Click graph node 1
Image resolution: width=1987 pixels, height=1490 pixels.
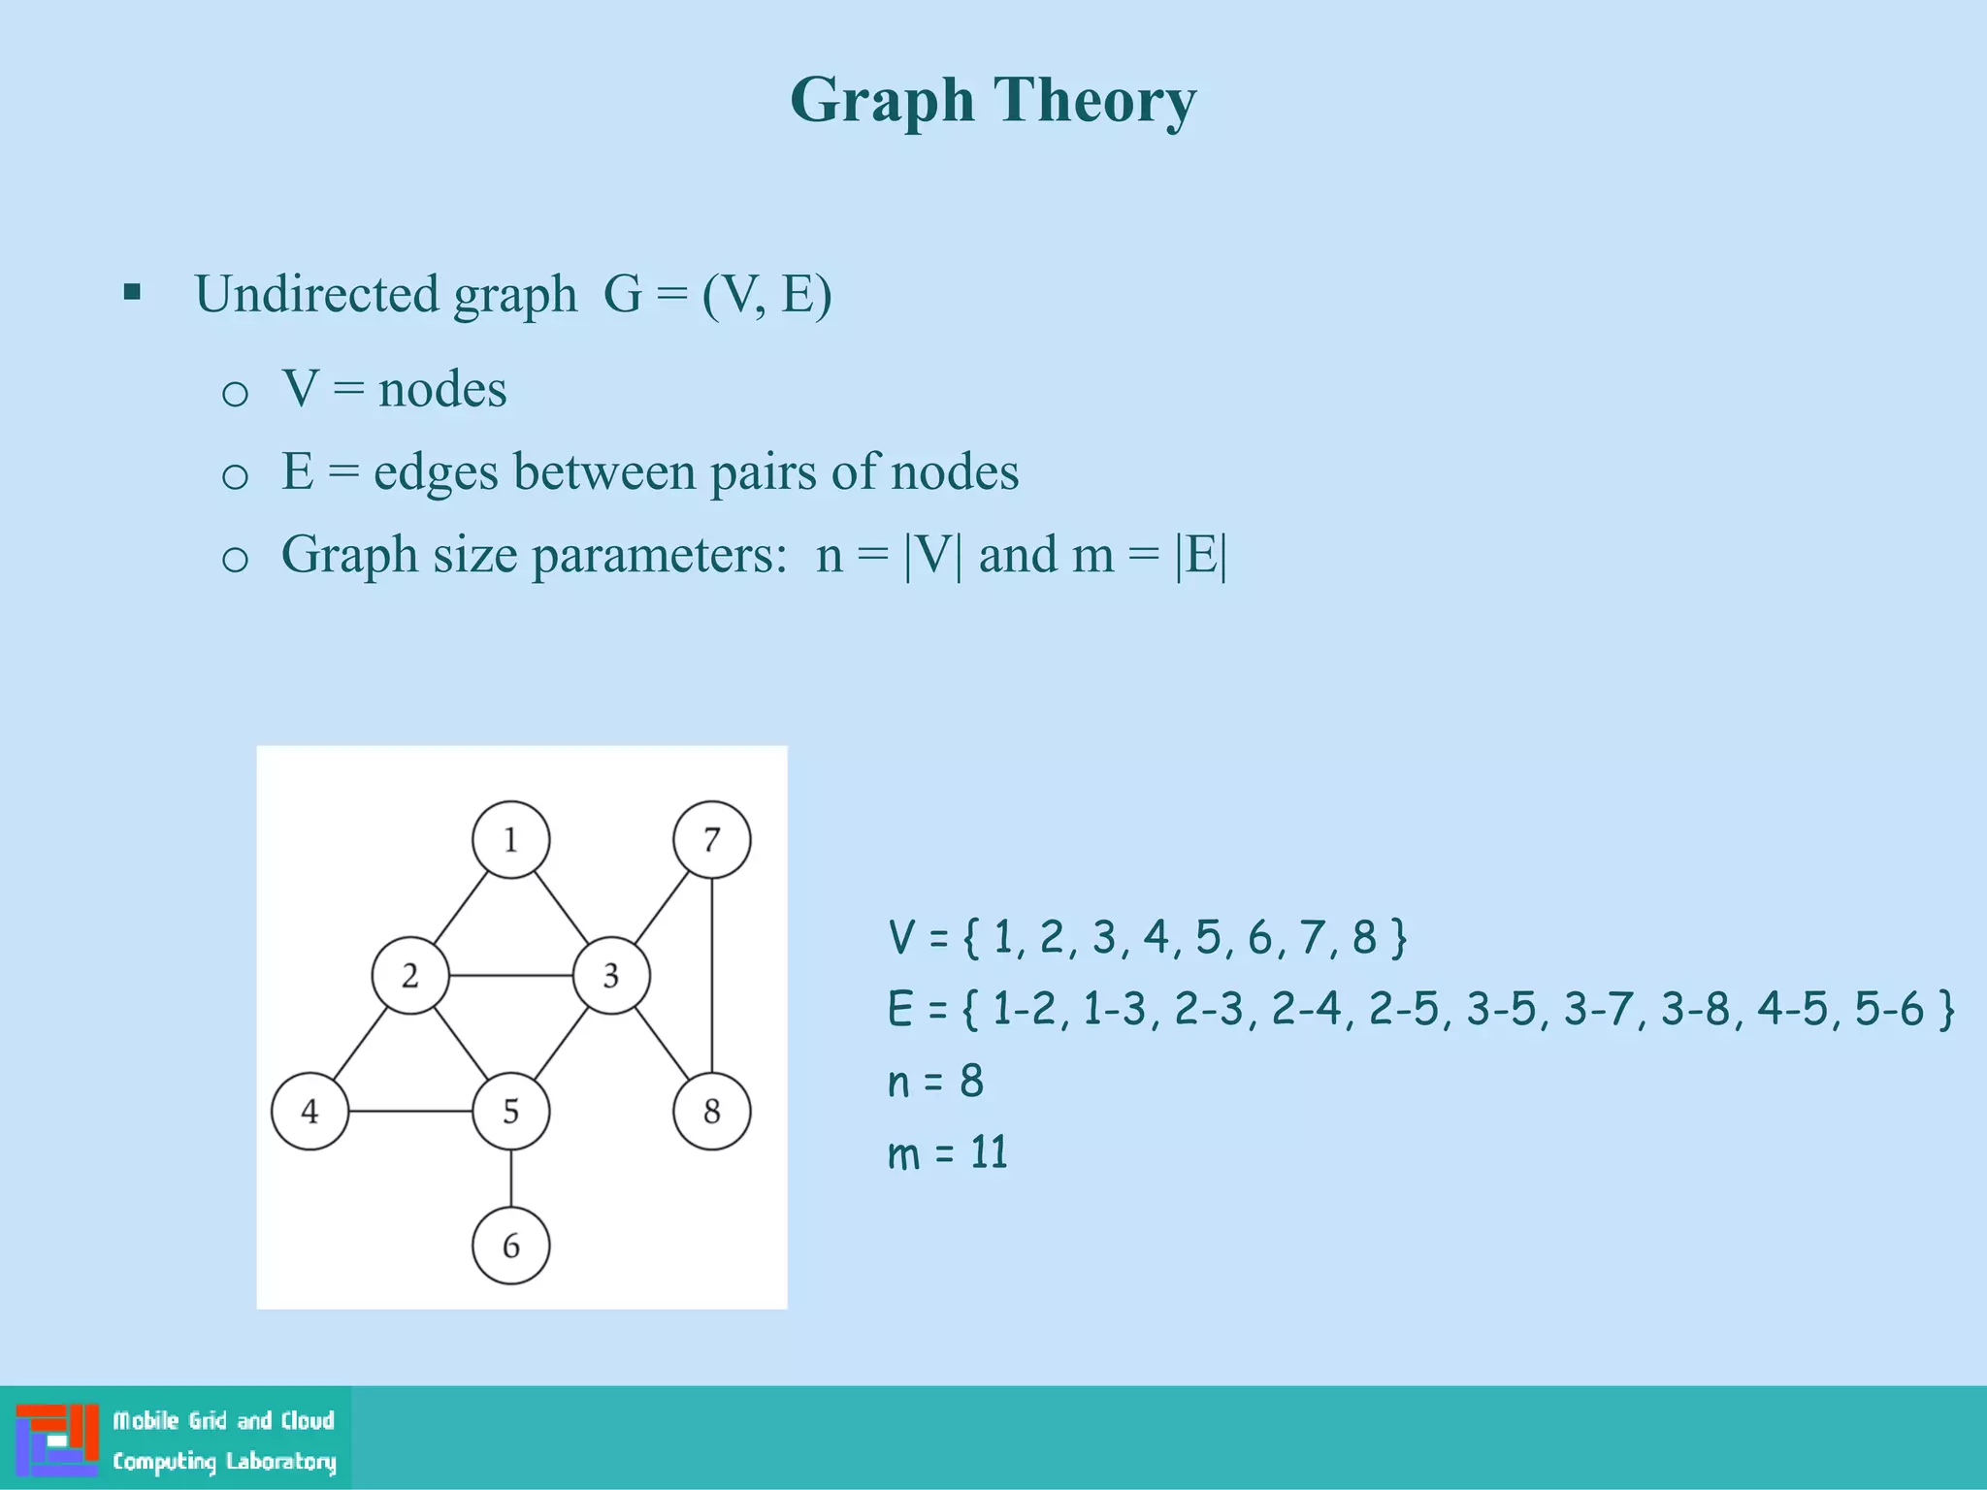510,840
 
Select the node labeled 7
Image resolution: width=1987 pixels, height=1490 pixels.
711,840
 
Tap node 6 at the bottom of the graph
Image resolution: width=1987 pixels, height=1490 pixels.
510,1246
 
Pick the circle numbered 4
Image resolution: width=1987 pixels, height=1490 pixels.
309,1112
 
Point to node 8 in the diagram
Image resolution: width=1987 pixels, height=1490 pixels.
711,1112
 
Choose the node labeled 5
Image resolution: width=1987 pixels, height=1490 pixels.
510,1112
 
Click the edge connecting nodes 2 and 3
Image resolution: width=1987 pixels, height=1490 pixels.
510,975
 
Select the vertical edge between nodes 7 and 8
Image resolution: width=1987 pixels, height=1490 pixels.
712,975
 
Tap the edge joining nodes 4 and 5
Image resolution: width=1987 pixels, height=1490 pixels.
409,1112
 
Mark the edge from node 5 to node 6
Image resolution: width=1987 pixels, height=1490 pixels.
511,1179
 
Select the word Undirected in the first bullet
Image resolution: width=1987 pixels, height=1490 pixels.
316,294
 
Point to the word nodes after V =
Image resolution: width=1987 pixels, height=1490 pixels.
442,390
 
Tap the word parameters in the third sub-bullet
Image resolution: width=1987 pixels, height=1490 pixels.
659,556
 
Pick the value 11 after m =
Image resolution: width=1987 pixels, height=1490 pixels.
990,1153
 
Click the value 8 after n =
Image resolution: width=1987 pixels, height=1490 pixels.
971,1082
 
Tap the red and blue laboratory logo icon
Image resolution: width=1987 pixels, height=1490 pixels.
57,1440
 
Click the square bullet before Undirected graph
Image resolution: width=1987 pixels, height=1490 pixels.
133,292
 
